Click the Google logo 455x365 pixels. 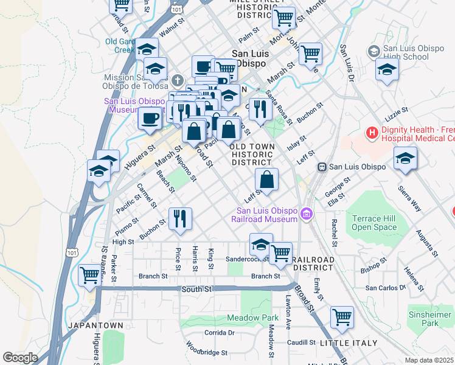click(x=20, y=358)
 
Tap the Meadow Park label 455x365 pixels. click(x=252, y=318)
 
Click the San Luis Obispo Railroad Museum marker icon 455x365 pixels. click(x=307, y=214)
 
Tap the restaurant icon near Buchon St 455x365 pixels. click(x=179, y=219)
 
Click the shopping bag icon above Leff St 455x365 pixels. click(x=266, y=179)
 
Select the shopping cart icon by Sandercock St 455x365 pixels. click(x=280, y=252)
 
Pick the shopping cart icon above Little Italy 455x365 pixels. click(x=342, y=317)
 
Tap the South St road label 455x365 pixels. click(x=196, y=290)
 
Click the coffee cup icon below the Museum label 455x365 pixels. click(x=150, y=118)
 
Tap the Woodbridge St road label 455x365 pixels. click(x=207, y=350)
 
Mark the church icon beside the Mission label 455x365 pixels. click(x=178, y=80)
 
